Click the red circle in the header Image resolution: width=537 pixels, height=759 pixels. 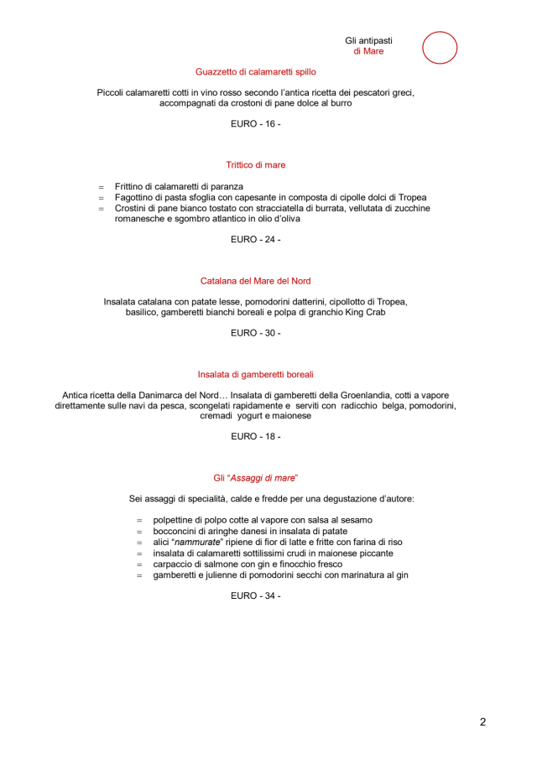(x=440, y=48)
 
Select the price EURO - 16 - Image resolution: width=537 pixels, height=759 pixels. (x=256, y=123)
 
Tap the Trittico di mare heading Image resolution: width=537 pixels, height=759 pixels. (x=256, y=165)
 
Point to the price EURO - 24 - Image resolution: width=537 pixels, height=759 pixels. (x=256, y=239)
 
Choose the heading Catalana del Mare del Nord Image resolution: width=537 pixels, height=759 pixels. (x=256, y=281)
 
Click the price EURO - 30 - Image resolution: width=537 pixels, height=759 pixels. (x=256, y=333)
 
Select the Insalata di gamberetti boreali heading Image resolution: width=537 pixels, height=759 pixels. (x=256, y=374)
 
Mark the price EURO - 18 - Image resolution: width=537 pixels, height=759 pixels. (x=256, y=436)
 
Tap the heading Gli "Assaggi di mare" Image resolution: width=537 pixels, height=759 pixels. (x=256, y=478)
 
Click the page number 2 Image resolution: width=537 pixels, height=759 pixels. (x=483, y=721)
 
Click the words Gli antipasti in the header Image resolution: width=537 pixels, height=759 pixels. (x=369, y=40)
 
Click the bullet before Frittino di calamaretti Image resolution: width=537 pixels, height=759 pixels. (x=101, y=186)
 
